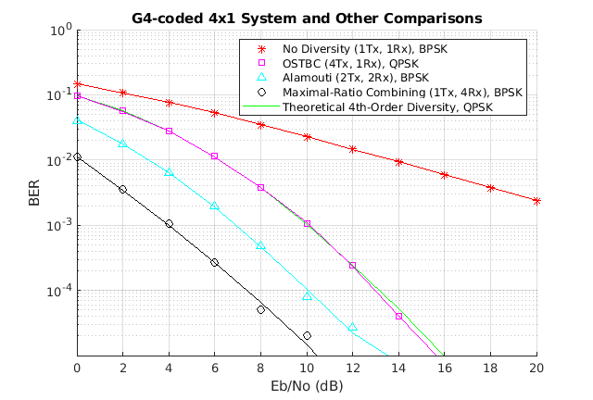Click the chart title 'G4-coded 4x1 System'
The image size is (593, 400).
pyautogui.click(x=306, y=17)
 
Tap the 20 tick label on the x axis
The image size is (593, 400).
pyautogui.click(x=536, y=368)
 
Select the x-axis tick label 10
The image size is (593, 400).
pyautogui.click(x=307, y=368)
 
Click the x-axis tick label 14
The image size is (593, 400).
pyautogui.click(x=398, y=368)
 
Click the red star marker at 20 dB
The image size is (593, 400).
pyautogui.click(x=536, y=201)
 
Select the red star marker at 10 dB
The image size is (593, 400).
pyautogui.click(x=307, y=137)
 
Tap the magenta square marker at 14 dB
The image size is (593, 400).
pyautogui.click(x=398, y=317)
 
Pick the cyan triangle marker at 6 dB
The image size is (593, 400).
pyautogui.click(x=215, y=206)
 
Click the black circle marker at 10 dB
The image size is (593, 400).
pyautogui.click(x=307, y=335)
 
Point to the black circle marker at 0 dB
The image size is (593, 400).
pyautogui.click(x=77, y=157)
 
